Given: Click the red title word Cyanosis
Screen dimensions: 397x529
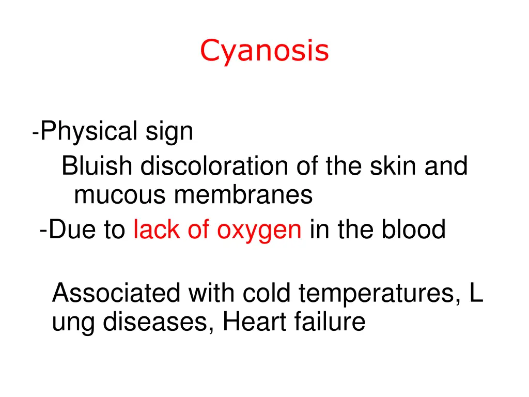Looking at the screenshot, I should click(264, 51).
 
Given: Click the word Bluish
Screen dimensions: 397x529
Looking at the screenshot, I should click(98, 166).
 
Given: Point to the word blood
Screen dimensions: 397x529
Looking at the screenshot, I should click(413, 230).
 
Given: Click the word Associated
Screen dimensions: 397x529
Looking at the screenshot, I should click(116, 294).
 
